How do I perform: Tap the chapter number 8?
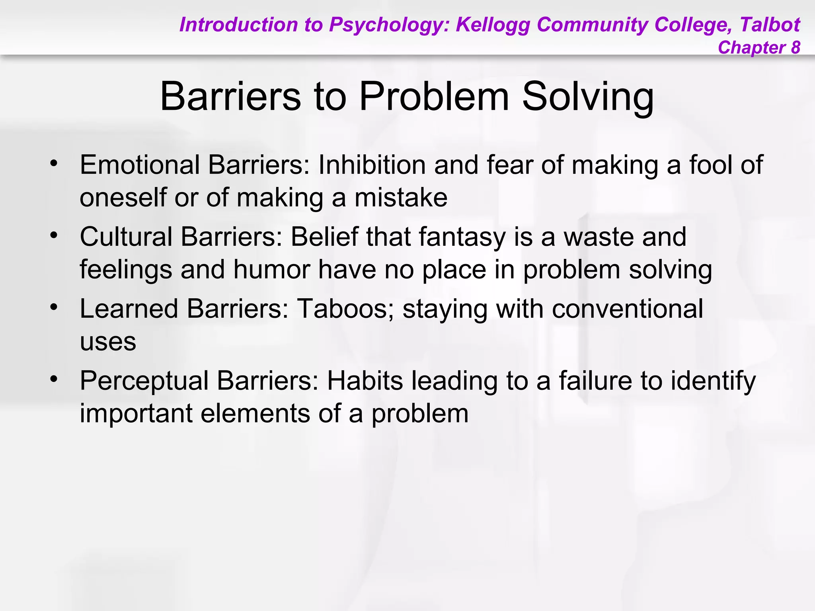[795, 48]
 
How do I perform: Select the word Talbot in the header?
[770, 25]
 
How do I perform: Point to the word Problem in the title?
[434, 97]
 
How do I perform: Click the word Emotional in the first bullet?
[140, 165]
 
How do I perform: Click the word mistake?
[401, 197]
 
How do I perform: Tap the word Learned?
[129, 309]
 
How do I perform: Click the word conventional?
[628, 309]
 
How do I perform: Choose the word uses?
[108, 342]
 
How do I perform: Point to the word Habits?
[365, 381]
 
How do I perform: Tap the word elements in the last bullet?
[255, 413]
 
